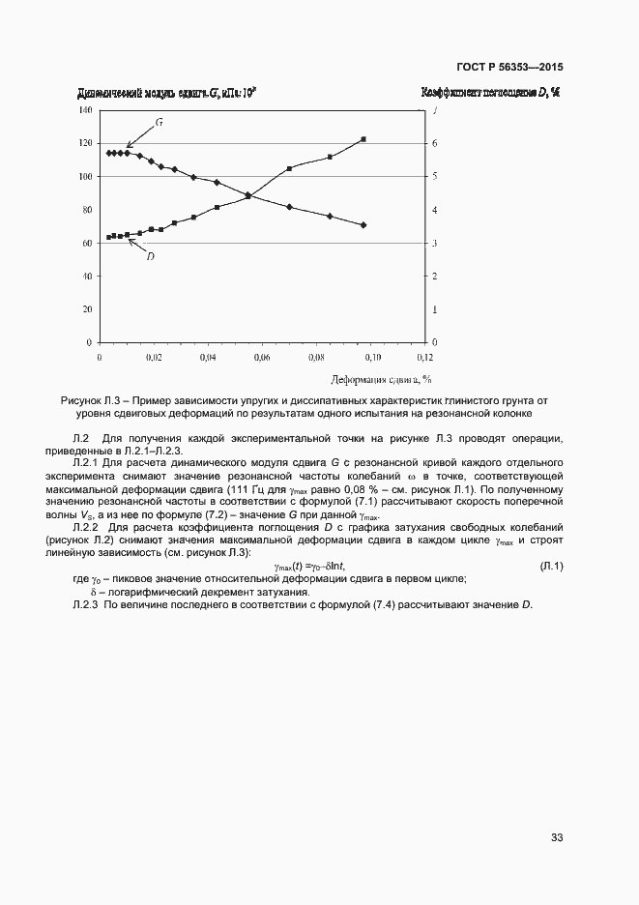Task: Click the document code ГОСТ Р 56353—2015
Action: [509, 68]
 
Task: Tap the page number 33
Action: [557, 836]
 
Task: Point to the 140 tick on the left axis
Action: [84, 110]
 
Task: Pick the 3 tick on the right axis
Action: [435, 244]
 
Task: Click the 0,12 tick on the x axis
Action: [424, 358]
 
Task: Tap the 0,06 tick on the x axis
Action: [261, 358]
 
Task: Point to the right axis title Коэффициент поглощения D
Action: [491, 94]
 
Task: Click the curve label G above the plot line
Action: [159, 125]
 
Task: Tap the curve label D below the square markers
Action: [151, 256]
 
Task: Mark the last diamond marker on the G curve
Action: [363, 225]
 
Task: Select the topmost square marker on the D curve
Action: [363, 139]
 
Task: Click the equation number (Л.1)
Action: [551, 566]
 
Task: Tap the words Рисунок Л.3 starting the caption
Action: [91, 399]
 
